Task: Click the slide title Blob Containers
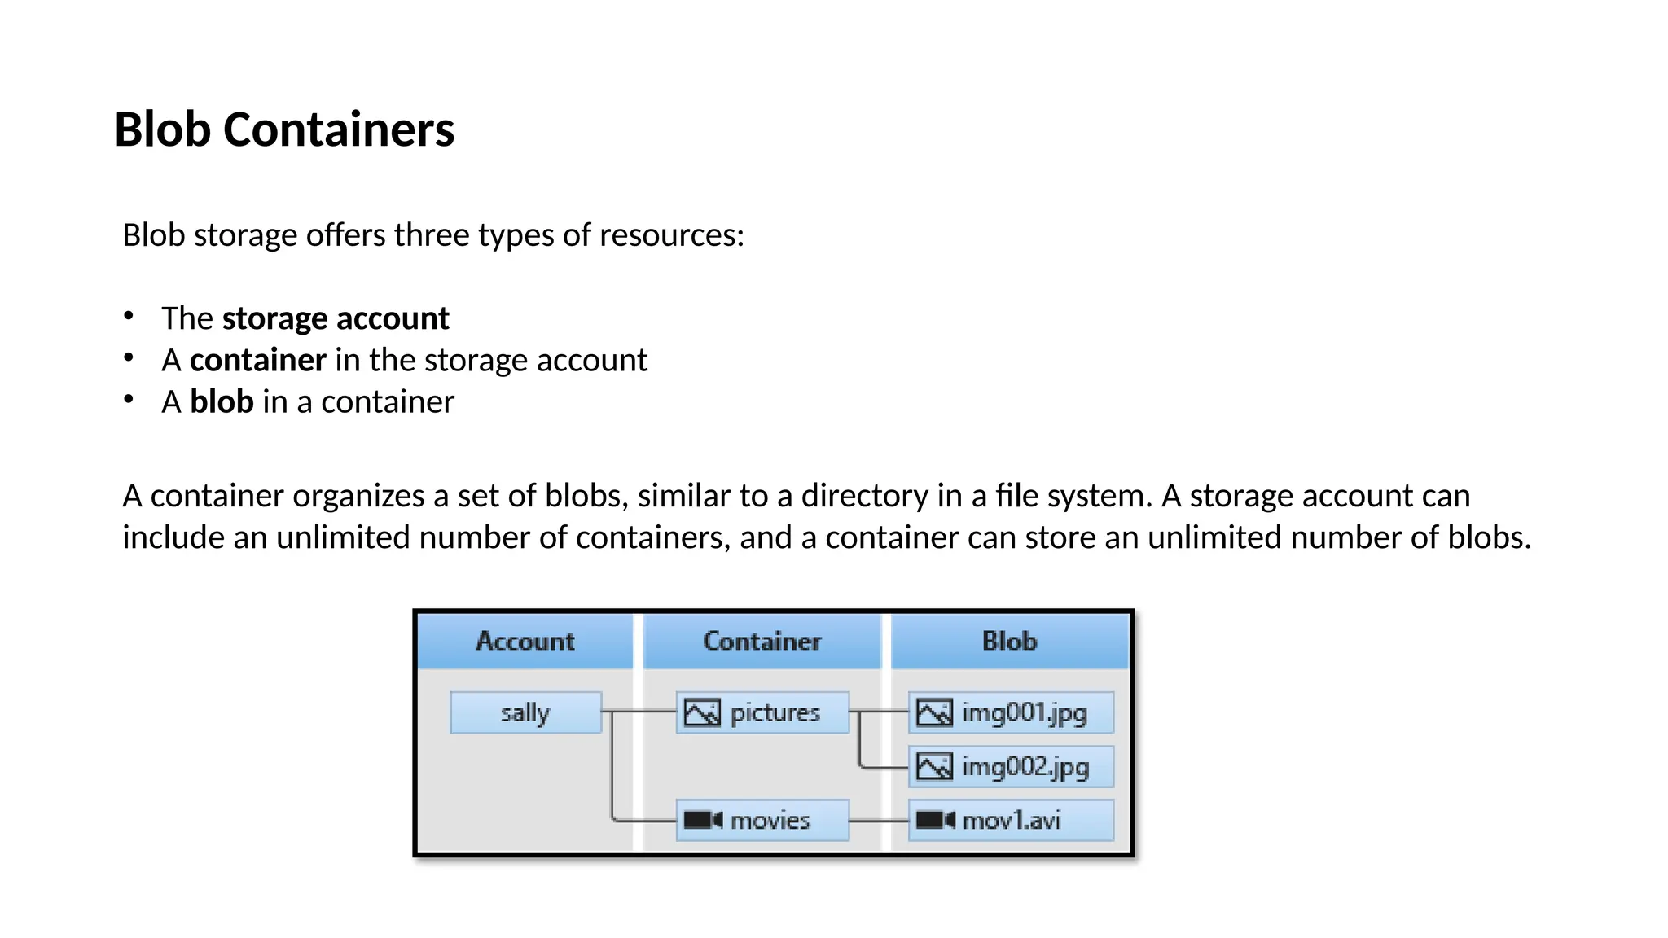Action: click(x=284, y=130)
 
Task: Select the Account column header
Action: click(x=525, y=642)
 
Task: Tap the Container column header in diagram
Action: click(x=762, y=642)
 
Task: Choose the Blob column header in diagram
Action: click(x=1009, y=642)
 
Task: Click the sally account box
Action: click(x=525, y=713)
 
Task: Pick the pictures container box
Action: click(x=763, y=713)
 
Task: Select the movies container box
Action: click(x=763, y=821)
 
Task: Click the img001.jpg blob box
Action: click(x=1011, y=713)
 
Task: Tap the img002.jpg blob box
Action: click(x=1011, y=767)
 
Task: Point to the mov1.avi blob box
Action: click(x=1011, y=821)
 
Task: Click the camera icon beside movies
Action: click(x=703, y=820)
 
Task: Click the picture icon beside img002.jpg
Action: click(x=934, y=766)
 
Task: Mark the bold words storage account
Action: click(x=335, y=318)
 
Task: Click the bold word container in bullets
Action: click(x=258, y=360)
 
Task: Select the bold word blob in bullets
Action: click(x=222, y=402)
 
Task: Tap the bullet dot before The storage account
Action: click(x=129, y=316)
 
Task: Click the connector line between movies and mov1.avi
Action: click(x=878, y=821)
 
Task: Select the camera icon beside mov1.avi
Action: click(x=935, y=820)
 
